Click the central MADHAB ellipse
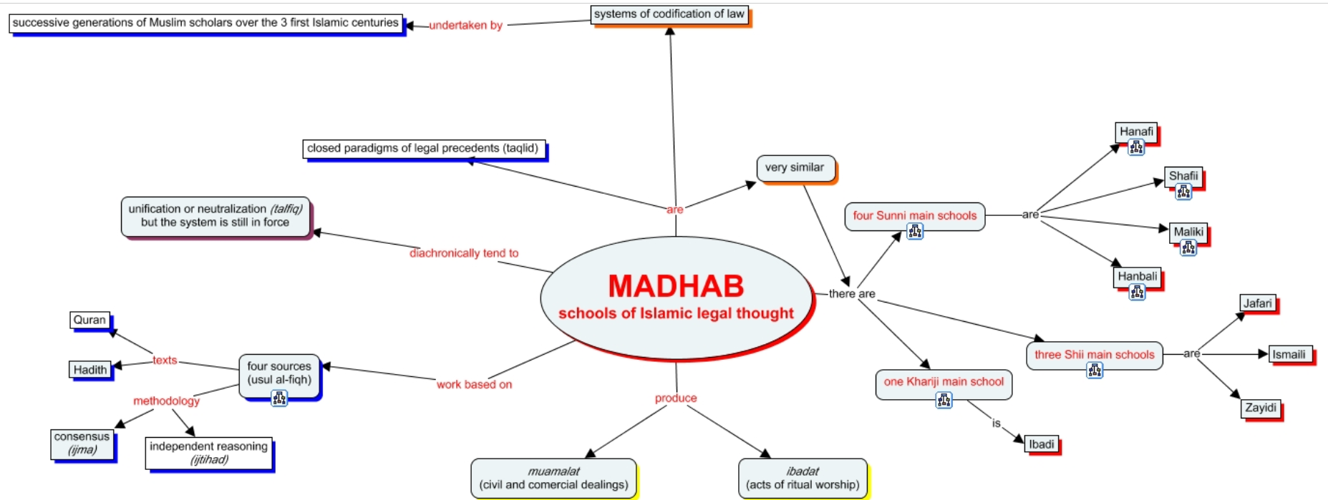tap(677, 298)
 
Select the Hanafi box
tap(1136, 132)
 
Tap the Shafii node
tap(1183, 177)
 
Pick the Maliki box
tap(1188, 232)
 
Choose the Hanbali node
tap(1137, 277)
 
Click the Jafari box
tap(1258, 303)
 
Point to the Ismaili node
tap(1289, 354)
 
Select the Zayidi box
tap(1261, 408)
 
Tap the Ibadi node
tap(1042, 444)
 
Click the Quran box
tap(89, 320)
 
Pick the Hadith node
tap(90, 370)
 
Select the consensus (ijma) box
tap(82, 443)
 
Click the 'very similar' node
tap(795, 168)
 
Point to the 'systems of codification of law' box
tap(669, 14)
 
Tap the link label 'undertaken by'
tap(466, 25)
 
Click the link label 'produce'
tap(676, 398)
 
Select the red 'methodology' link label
tap(166, 401)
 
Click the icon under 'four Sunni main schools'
tap(915, 231)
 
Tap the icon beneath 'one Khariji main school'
tap(944, 400)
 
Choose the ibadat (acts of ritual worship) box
tap(803, 478)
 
